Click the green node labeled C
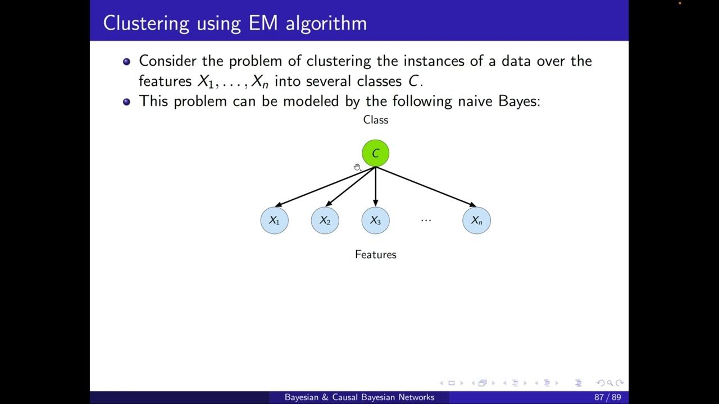pos(375,153)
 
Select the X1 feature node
pos(274,221)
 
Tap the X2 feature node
pos(325,221)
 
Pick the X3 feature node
pos(375,221)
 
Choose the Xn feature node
pos(476,221)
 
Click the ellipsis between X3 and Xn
pos(426,220)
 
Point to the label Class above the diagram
pos(375,120)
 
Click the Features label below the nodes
pos(375,254)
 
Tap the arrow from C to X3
pos(375,187)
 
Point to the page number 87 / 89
pos(607,397)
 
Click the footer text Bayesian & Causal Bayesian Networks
pos(359,397)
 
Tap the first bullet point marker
pos(126,61)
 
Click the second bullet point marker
pos(126,102)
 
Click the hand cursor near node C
pos(357,167)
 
